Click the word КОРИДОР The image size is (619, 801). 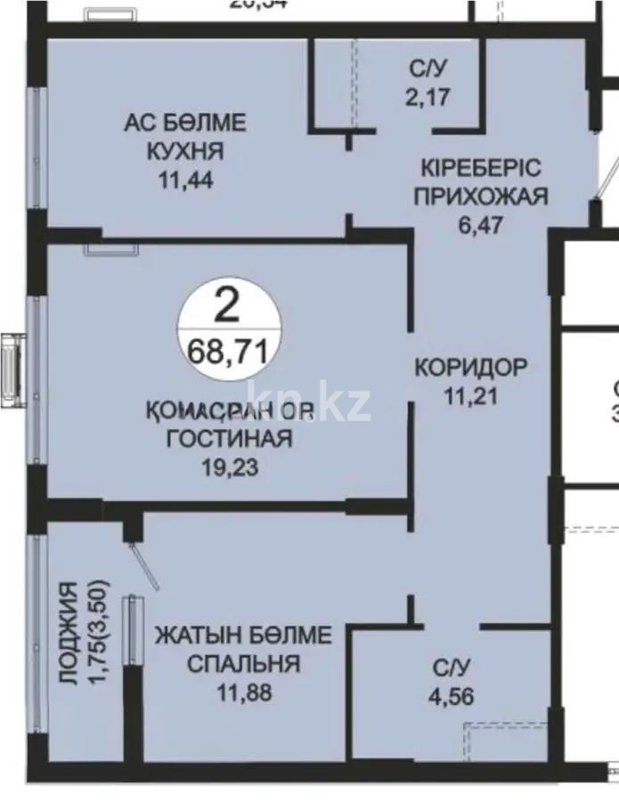click(471, 366)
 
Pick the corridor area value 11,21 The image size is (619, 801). click(471, 394)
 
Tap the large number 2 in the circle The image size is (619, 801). click(228, 309)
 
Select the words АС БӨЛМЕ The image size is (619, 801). click(185, 123)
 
